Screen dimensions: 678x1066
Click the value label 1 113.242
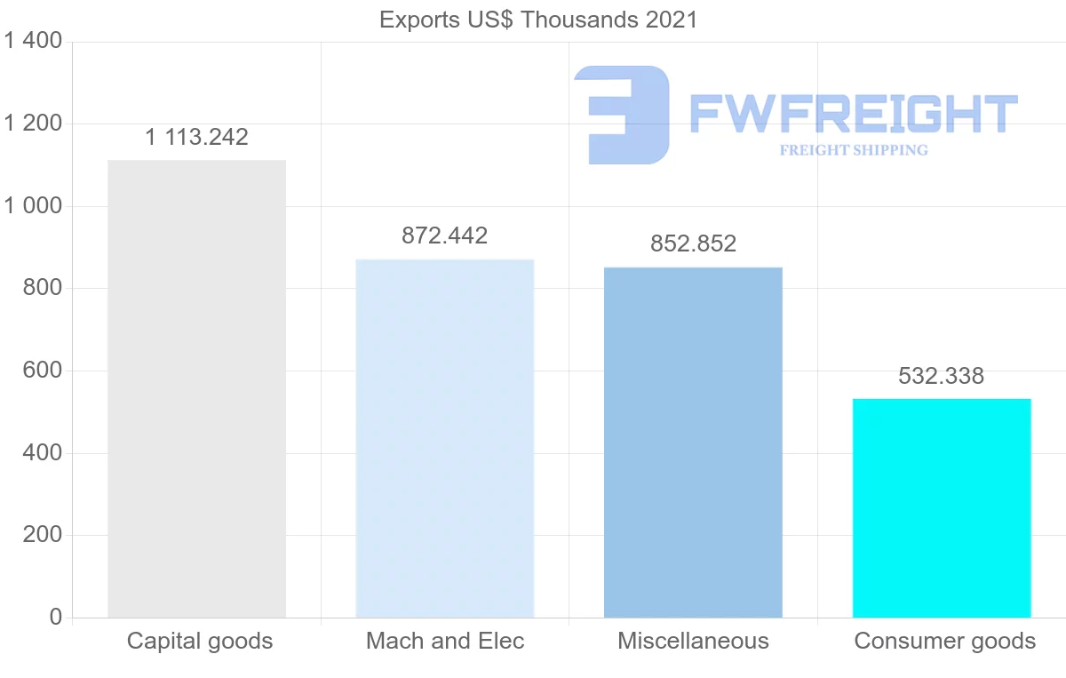pos(196,137)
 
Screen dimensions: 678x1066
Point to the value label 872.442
pos(444,235)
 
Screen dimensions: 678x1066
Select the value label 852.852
pos(693,243)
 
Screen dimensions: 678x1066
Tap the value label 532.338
pos(941,376)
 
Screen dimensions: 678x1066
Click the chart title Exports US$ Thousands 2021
pos(538,20)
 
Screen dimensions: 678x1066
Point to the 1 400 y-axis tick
pos(33,41)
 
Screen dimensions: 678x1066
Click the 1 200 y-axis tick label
pos(33,124)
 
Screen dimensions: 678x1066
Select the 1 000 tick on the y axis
pos(33,206)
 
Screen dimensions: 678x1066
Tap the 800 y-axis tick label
pos(41,289)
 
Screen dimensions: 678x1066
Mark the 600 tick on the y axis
pos(41,371)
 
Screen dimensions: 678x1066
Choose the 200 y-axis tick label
pos(41,535)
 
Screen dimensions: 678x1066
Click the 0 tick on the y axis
pos(56,618)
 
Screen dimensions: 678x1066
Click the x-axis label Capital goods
pos(200,641)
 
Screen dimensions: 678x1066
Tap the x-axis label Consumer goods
pos(944,641)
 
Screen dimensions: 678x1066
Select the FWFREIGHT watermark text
pos(853,114)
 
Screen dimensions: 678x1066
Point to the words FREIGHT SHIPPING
pos(853,150)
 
